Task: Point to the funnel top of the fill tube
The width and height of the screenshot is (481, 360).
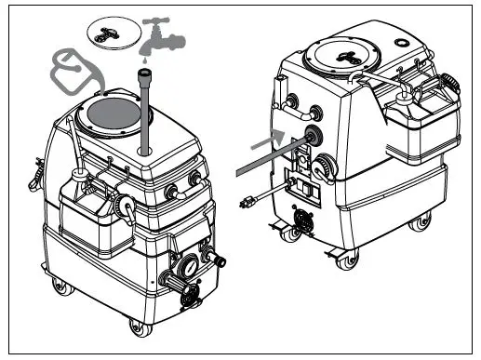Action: pos(145,73)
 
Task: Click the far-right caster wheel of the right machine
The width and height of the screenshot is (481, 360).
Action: pos(423,220)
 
